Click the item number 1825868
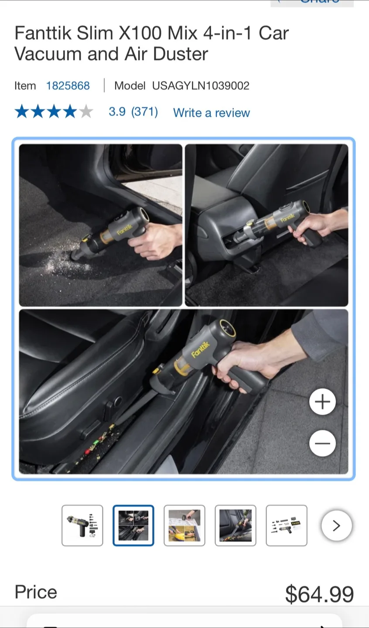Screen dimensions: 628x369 tap(68, 85)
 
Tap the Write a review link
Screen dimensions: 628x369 tap(211, 113)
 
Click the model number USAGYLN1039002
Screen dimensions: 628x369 tap(201, 85)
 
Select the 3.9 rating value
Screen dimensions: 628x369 tap(117, 112)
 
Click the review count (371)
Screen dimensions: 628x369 tap(144, 112)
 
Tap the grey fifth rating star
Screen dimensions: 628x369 tap(86, 112)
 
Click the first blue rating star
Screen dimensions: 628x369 tap(21, 112)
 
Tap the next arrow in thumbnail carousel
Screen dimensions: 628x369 tap(336, 526)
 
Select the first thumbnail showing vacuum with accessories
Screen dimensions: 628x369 tap(82, 526)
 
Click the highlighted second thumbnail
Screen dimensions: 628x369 tap(133, 526)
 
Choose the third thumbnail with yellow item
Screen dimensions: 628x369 tap(184, 526)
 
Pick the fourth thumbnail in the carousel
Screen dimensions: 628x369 tap(236, 526)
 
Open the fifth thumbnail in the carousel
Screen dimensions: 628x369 tap(287, 526)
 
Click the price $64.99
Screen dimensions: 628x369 tap(319, 594)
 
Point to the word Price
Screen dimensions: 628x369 tap(36, 592)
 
